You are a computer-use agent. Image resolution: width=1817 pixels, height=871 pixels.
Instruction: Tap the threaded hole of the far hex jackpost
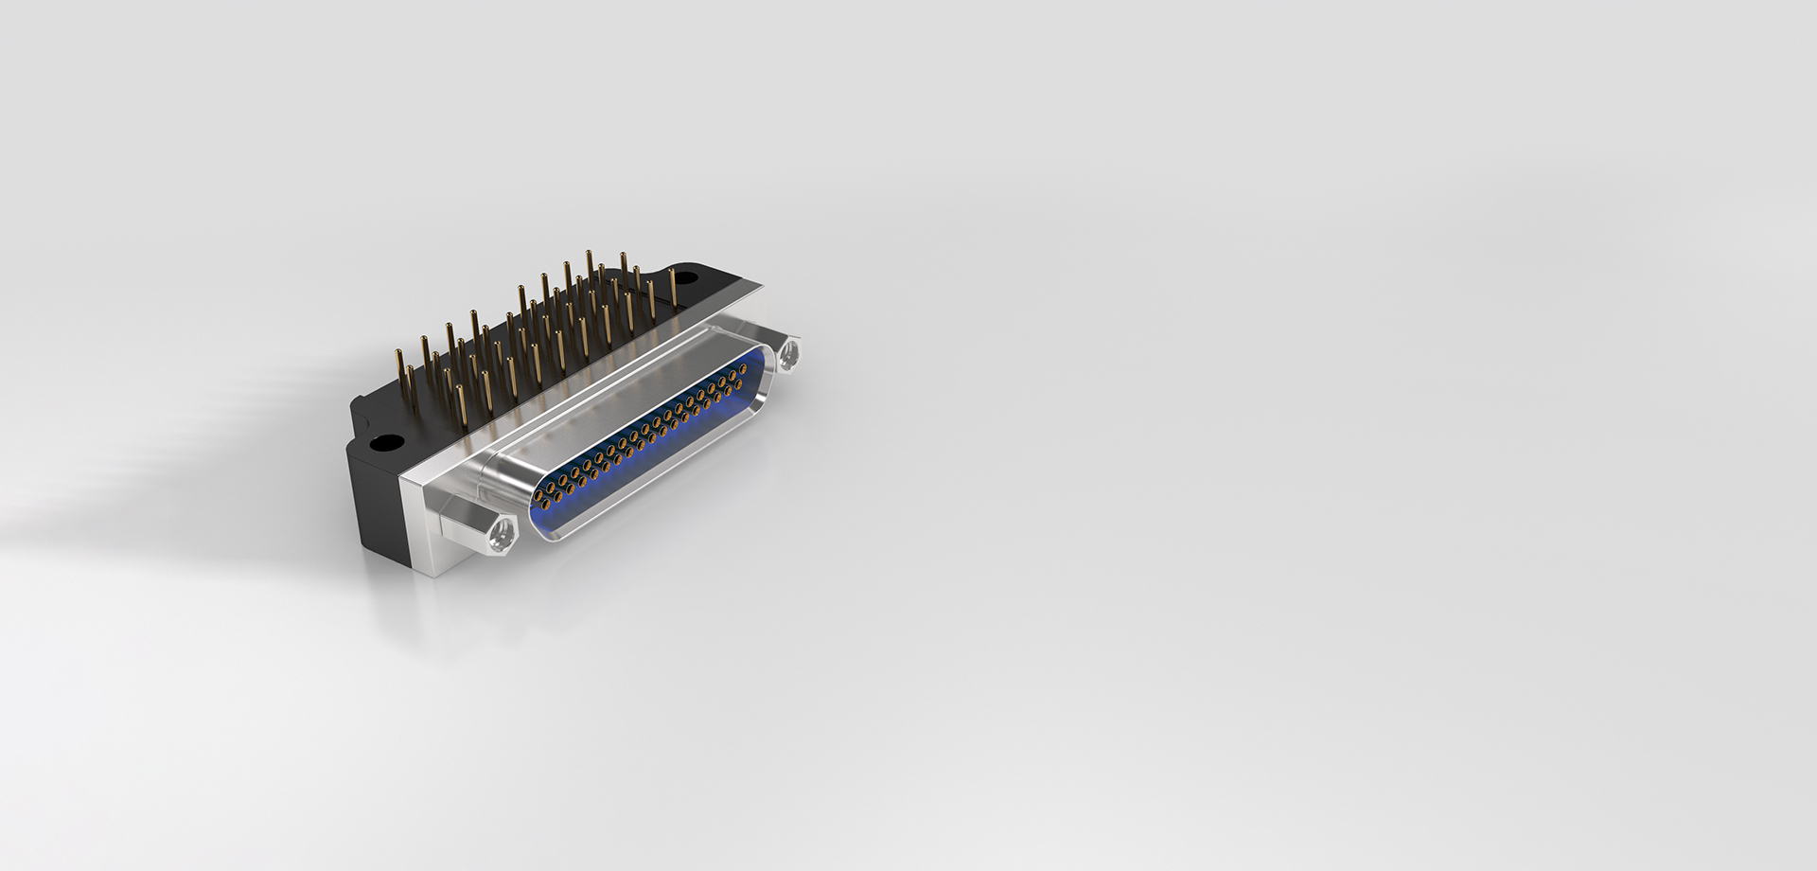pos(789,354)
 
